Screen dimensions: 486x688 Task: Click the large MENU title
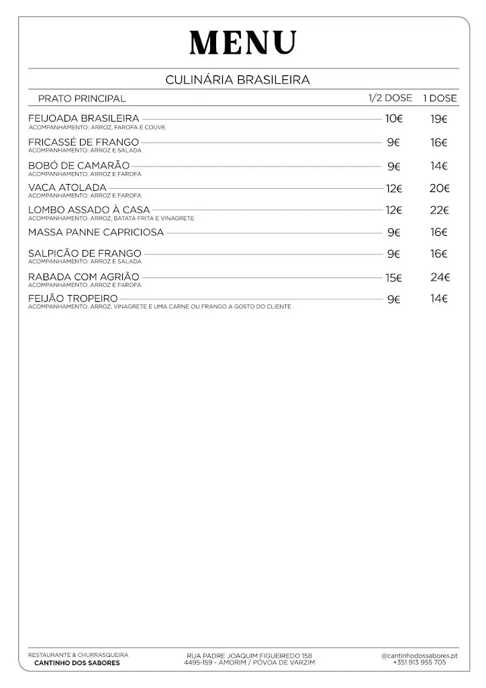(242, 43)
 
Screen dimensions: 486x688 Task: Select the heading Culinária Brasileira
(238, 80)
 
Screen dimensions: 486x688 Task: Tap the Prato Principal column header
(82, 99)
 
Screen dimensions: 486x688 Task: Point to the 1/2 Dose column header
(390, 98)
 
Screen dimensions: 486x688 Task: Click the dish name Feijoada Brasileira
(84, 119)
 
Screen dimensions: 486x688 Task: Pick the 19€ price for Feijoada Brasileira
(440, 120)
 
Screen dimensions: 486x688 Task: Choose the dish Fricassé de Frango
(84, 142)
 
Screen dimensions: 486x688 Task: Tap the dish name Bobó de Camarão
(79, 166)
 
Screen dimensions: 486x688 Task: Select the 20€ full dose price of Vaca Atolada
(440, 189)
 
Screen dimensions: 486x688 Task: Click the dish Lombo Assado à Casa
(89, 210)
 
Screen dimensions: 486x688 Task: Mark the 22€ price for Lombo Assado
(440, 210)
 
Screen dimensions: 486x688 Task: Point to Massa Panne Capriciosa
(96, 232)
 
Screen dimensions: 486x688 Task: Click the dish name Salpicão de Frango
(85, 254)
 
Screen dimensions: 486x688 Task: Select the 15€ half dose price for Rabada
(393, 277)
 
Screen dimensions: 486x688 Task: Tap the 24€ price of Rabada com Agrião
(440, 277)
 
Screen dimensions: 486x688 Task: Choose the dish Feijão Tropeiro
(73, 298)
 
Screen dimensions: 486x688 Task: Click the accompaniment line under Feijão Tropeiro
(160, 307)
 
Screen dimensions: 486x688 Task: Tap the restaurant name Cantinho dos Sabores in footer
(77, 663)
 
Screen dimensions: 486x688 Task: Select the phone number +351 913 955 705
(420, 662)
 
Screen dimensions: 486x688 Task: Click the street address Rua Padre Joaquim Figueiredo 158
(249, 656)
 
